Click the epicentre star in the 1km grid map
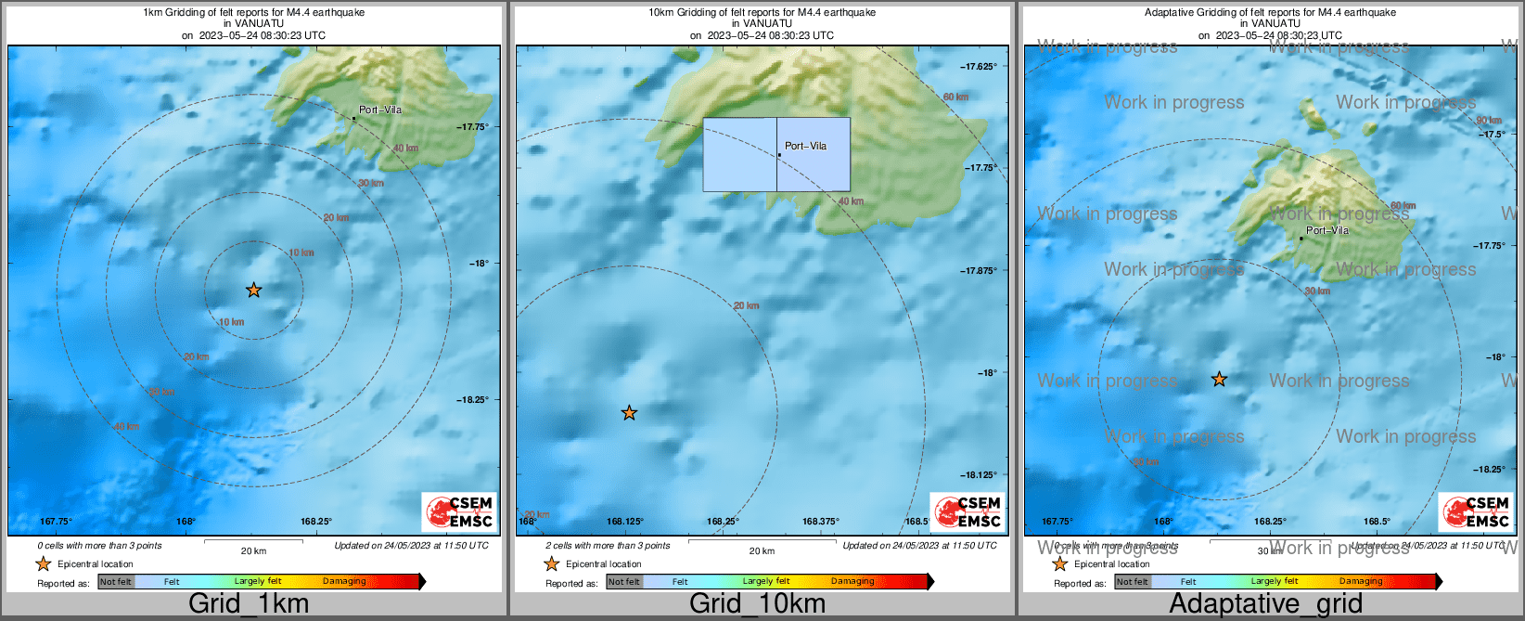click(253, 291)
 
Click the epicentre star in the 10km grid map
click(629, 413)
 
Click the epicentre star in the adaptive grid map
click(1219, 380)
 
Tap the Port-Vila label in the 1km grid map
click(380, 110)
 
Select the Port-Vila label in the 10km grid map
click(805, 146)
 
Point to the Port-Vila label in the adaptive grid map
click(1327, 230)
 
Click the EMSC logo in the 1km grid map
click(459, 512)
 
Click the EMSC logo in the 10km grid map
click(968, 512)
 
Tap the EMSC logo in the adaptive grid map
click(1476, 512)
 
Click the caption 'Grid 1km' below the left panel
click(249, 603)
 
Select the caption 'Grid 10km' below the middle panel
click(757, 603)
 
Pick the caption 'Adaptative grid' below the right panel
click(1265, 603)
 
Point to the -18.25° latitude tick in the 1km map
click(472, 400)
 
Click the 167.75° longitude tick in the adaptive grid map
click(1057, 522)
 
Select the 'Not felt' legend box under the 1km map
click(116, 582)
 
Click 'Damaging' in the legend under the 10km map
click(852, 582)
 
